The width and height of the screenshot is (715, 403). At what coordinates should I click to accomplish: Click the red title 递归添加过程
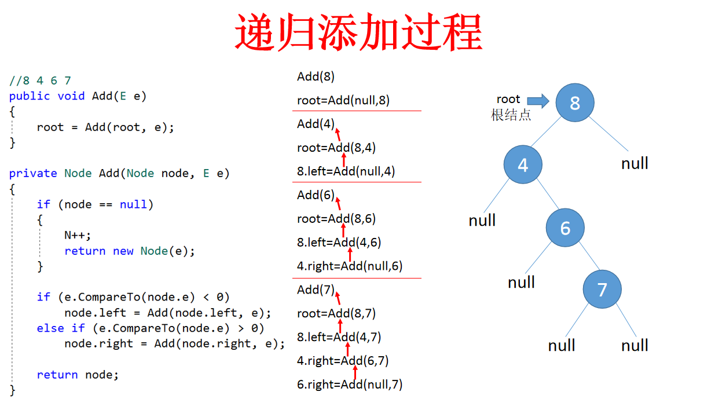[358, 33]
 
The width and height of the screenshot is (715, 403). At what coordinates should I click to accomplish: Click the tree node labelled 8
[574, 103]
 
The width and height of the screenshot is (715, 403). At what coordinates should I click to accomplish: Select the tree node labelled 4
[523, 165]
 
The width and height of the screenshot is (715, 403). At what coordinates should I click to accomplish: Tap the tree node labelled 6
[565, 228]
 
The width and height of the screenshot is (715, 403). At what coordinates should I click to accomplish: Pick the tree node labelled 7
[602, 289]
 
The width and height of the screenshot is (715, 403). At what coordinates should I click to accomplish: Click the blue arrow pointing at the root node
[538, 102]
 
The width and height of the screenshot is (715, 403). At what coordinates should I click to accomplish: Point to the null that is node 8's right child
[635, 163]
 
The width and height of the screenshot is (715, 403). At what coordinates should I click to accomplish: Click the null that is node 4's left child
[482, 220]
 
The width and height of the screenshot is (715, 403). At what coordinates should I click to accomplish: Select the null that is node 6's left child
[521, 282]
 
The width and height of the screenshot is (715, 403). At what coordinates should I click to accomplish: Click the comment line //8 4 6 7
[40, 80]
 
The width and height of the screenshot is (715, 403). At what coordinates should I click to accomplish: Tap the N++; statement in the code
[78, 235]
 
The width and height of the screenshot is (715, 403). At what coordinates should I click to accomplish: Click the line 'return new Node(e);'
[130, 251]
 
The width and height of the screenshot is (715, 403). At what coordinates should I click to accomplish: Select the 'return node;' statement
[78, 375]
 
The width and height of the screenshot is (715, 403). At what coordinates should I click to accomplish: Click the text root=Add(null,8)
[343, 100]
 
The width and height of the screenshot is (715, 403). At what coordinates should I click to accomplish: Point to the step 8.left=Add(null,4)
[346, 171]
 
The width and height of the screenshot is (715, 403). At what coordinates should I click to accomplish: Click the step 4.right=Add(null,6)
[350, 266]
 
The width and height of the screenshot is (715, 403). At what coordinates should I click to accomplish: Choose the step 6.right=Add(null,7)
[350, 384]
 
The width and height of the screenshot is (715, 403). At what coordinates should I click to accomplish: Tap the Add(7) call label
[316, 289]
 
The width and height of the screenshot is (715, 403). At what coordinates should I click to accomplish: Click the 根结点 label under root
[511, 115]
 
